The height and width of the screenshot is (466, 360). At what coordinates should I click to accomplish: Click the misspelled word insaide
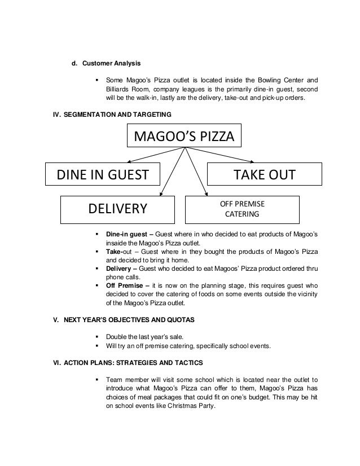coord(117,243)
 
